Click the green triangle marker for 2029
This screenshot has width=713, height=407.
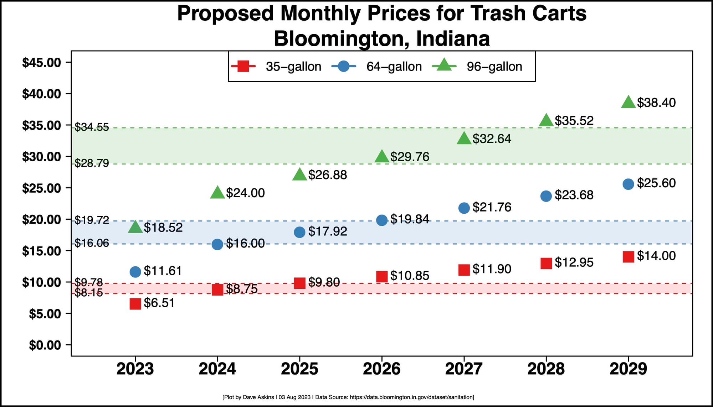point(628,103)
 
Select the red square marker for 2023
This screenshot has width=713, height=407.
point(135,304)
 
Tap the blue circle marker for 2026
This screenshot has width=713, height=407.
point(382,220)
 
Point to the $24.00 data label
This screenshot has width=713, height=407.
point(245,193)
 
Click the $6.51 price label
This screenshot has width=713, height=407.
point(159,303)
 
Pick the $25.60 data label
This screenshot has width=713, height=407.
point(656,183)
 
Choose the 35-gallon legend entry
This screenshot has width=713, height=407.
point(276,67)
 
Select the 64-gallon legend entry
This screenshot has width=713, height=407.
point(376,67)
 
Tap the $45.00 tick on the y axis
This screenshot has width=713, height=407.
point(42,63)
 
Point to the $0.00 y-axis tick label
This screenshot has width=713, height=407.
point(45,345)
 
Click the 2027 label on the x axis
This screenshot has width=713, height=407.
point(464,369)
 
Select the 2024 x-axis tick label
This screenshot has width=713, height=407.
point(217,369)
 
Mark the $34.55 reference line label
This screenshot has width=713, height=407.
point(92,127)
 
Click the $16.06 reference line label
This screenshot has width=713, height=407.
point(92,243)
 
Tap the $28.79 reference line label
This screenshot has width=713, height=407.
point(92,163)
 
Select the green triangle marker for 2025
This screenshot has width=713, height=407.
point(299,174)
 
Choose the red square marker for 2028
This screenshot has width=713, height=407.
point(546,263)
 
